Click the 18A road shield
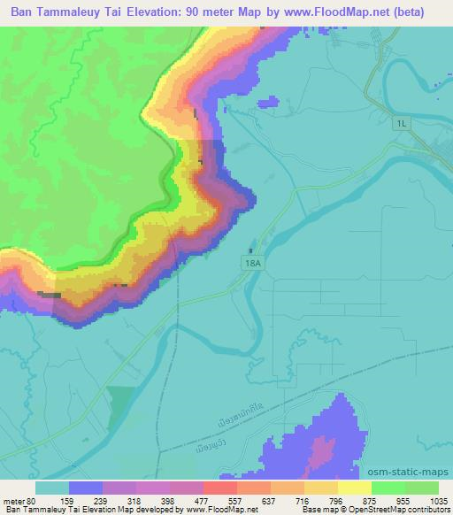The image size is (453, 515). (252, 263)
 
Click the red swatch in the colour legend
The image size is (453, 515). (219, 488)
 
